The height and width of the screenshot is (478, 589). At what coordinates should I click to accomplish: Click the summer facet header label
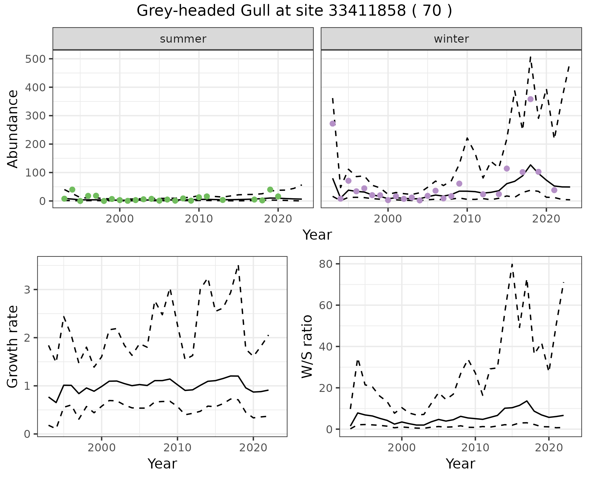click(183, 39)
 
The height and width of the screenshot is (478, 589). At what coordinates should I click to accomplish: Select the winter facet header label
click(451, 39)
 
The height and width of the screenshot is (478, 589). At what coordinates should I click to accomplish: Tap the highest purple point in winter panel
click(530, 99)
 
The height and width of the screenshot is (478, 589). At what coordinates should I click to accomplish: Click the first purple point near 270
click(333, 123)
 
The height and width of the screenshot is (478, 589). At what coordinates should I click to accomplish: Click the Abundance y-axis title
click(13, 129)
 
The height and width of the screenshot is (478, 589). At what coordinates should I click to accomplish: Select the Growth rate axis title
click(13, 346)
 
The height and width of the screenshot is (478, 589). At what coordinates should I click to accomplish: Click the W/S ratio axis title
click(307, 346)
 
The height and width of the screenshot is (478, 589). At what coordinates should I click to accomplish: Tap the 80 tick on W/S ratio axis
click(325, 264)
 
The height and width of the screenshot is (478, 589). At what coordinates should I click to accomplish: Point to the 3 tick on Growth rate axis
click(27, 290)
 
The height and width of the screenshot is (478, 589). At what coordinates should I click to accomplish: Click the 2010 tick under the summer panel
click(199, 219)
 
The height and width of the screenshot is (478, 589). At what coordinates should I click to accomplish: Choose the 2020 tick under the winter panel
click(546, 219)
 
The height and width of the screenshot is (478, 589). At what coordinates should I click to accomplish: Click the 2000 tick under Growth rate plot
click(102, 448)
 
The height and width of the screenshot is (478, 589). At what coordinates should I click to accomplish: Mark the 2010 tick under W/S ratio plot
click(475, 448)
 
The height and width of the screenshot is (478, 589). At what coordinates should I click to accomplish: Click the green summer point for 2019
click(270, 190)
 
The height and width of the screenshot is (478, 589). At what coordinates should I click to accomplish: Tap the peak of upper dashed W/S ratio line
click(512, 264)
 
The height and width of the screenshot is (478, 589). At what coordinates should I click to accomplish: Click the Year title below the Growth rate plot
click(162, 464)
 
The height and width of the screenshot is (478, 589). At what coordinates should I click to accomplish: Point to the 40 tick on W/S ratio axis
click(325, 347)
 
